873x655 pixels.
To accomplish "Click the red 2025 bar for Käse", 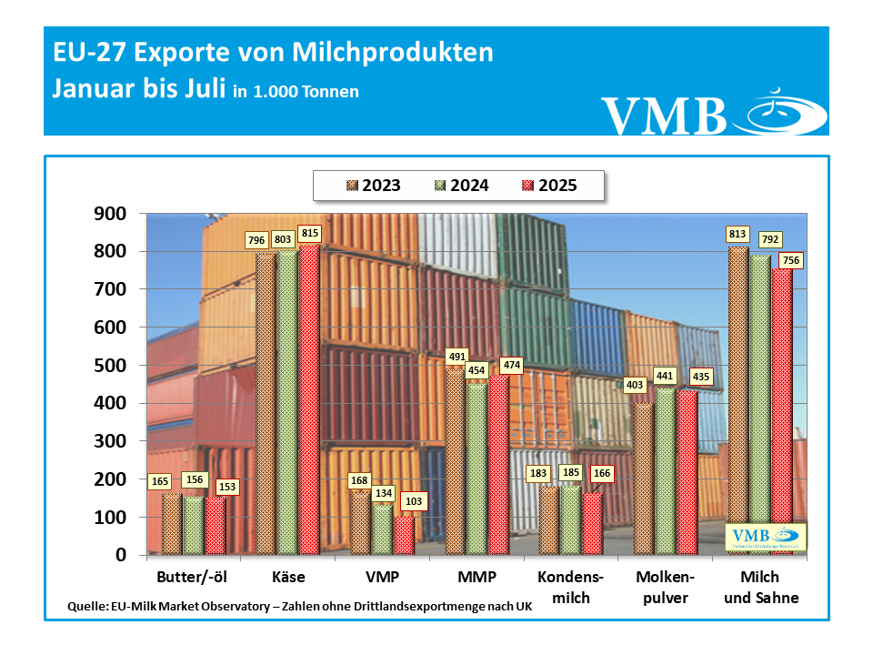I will pyautogui.click(x=308, y=400).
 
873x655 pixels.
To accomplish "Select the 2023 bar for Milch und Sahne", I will pyautogui.click(x=738, y=400).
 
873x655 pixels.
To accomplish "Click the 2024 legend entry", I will pyautogui.click(x=467, y=186).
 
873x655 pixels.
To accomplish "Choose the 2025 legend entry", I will pyautogui.click(x=549, y=186).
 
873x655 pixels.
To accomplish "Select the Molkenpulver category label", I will pyautogui.click(x=666, y=588).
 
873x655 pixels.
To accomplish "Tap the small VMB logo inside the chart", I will pyautogui.click(x=765, y=538).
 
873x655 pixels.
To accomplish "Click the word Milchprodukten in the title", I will pyautogui.click(x=393, y=53).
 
